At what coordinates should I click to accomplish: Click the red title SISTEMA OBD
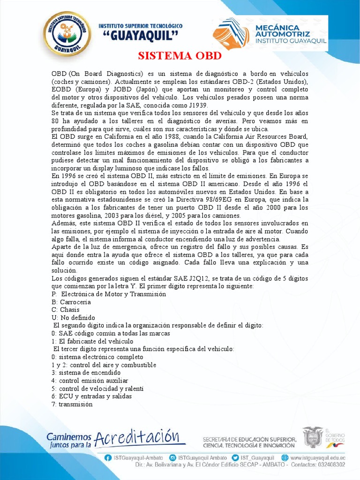180,56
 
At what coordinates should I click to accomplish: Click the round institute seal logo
67,34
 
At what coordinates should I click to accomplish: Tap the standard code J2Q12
196,278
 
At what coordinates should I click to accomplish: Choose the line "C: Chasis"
66,309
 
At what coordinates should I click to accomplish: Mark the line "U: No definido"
73,317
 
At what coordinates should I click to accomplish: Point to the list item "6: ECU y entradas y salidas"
91,396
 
